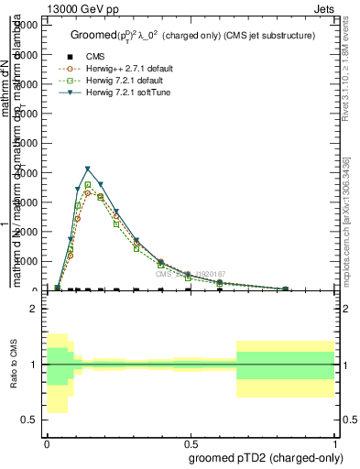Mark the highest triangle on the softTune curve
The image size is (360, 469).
pos(88,169)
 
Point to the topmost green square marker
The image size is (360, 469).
pos(88,185)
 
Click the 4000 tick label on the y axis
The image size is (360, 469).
pos(27,173)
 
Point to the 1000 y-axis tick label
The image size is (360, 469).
pos(27,261)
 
